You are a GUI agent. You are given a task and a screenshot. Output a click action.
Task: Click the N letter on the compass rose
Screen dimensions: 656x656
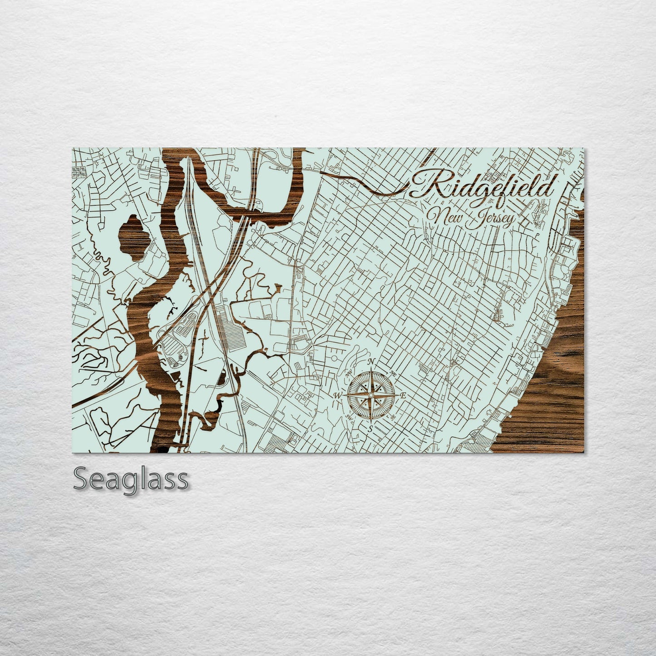372,361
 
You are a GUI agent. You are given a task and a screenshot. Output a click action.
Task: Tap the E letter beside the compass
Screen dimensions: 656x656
402,395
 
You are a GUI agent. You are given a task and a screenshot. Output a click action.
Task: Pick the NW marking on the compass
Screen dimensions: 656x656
350,373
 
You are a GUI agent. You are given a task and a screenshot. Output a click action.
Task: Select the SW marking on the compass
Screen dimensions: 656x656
350,417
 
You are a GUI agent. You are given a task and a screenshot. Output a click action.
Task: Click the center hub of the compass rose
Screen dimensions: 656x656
371,395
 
